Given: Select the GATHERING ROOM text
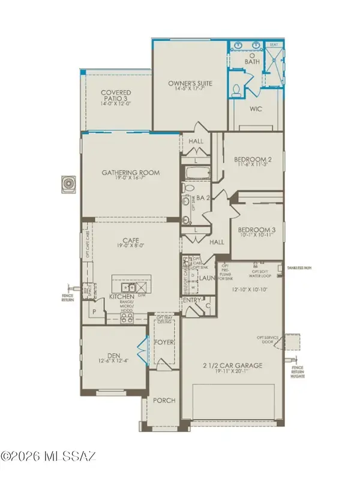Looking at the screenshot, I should click(131, 173).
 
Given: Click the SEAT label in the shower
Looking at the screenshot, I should click(274, 44).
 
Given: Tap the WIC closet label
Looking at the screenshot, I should click(257, 109).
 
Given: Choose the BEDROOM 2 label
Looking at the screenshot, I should click(253, 159).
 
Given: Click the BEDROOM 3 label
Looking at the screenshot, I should click(256, 230).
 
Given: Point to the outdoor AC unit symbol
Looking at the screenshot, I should click(68, 183).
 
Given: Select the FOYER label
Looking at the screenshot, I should click(164, 344).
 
